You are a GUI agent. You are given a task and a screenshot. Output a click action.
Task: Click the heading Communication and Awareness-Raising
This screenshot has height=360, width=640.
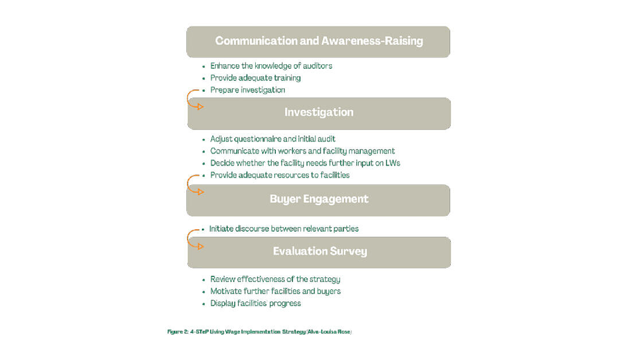[319, 41]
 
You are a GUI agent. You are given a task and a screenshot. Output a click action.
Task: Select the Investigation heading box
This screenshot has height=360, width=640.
[319, 114]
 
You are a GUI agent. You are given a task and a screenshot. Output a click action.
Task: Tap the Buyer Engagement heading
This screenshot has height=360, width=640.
[319, 199]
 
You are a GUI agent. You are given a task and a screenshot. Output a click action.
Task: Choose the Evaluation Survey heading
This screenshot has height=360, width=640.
[320, 251]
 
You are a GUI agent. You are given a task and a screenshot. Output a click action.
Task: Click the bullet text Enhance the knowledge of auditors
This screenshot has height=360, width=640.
[271, 66]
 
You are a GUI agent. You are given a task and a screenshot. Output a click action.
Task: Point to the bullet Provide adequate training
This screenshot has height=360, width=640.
[256, 78]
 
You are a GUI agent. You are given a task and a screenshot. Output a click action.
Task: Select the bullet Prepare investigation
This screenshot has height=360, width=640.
[248, 90]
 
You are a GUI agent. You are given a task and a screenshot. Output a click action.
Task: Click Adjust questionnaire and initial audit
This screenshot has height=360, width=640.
[272, 139]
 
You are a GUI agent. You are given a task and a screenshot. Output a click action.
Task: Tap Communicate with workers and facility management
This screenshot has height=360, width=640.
[302, 151]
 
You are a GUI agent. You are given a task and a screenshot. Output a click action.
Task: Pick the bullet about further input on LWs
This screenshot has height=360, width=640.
[305, 163]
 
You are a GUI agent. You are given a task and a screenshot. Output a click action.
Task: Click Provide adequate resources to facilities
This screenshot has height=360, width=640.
[280, 175]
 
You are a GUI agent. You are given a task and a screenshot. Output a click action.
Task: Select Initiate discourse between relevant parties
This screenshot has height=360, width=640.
[284, 229]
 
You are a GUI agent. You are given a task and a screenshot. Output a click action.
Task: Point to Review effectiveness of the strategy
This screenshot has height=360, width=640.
[275, 279]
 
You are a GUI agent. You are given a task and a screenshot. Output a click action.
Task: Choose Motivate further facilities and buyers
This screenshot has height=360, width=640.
[275, 291]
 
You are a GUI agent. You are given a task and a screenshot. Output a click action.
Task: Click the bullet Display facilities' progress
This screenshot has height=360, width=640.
[256, 303]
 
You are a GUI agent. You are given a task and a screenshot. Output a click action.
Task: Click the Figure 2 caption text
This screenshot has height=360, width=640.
[259, 331]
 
